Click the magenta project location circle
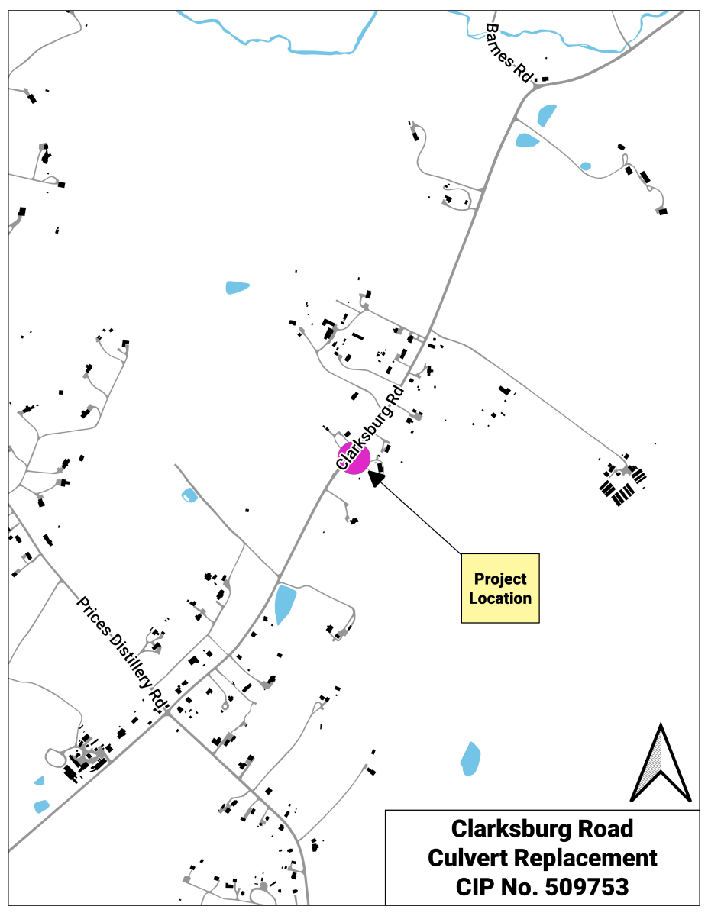354,458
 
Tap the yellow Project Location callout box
500,589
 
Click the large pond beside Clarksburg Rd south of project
285,603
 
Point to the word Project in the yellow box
500,579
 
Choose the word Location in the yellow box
500,598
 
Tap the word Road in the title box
604,828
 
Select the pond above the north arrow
470,758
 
